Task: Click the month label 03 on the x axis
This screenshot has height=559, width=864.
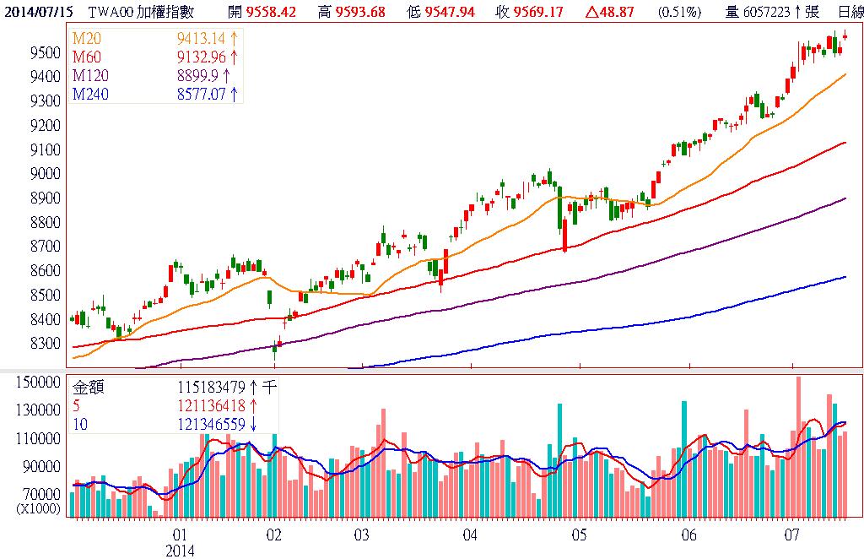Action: click(x=362, y=535)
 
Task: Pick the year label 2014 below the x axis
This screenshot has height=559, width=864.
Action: click(x=180, y=551)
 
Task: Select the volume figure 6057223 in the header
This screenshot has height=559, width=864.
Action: click(x=770, y=12)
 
